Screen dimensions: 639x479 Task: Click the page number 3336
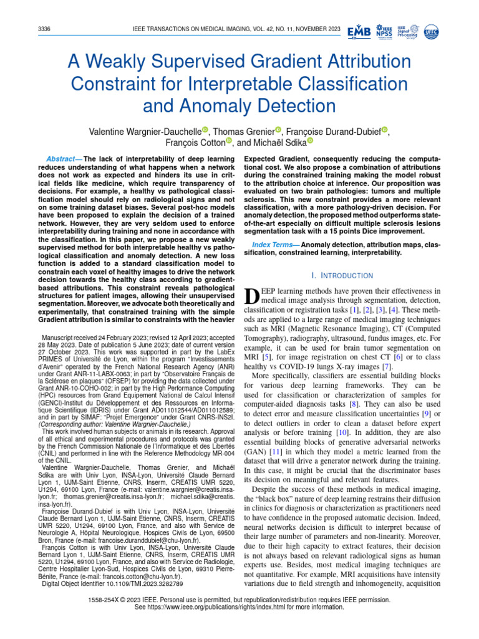coord(45,29)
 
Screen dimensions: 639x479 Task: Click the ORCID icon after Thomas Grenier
coord(278,130)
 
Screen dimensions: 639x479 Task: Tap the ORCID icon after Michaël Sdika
coord(309,142)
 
